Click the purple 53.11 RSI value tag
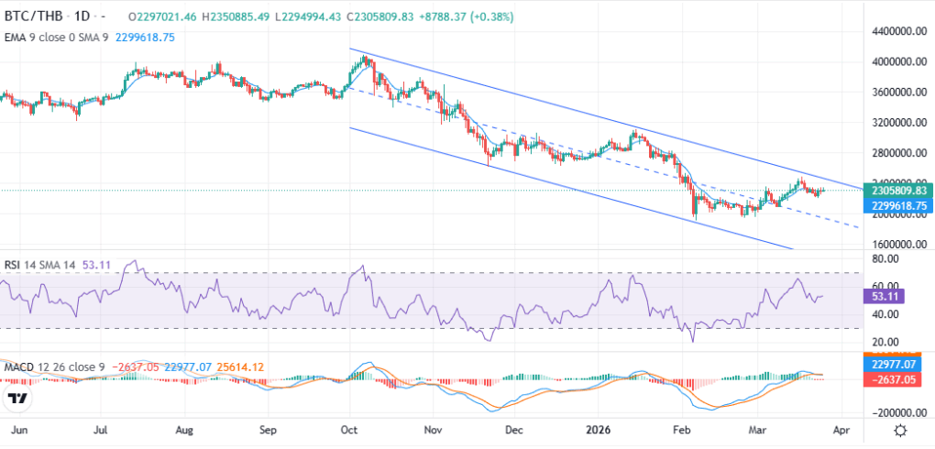pos(881,296)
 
